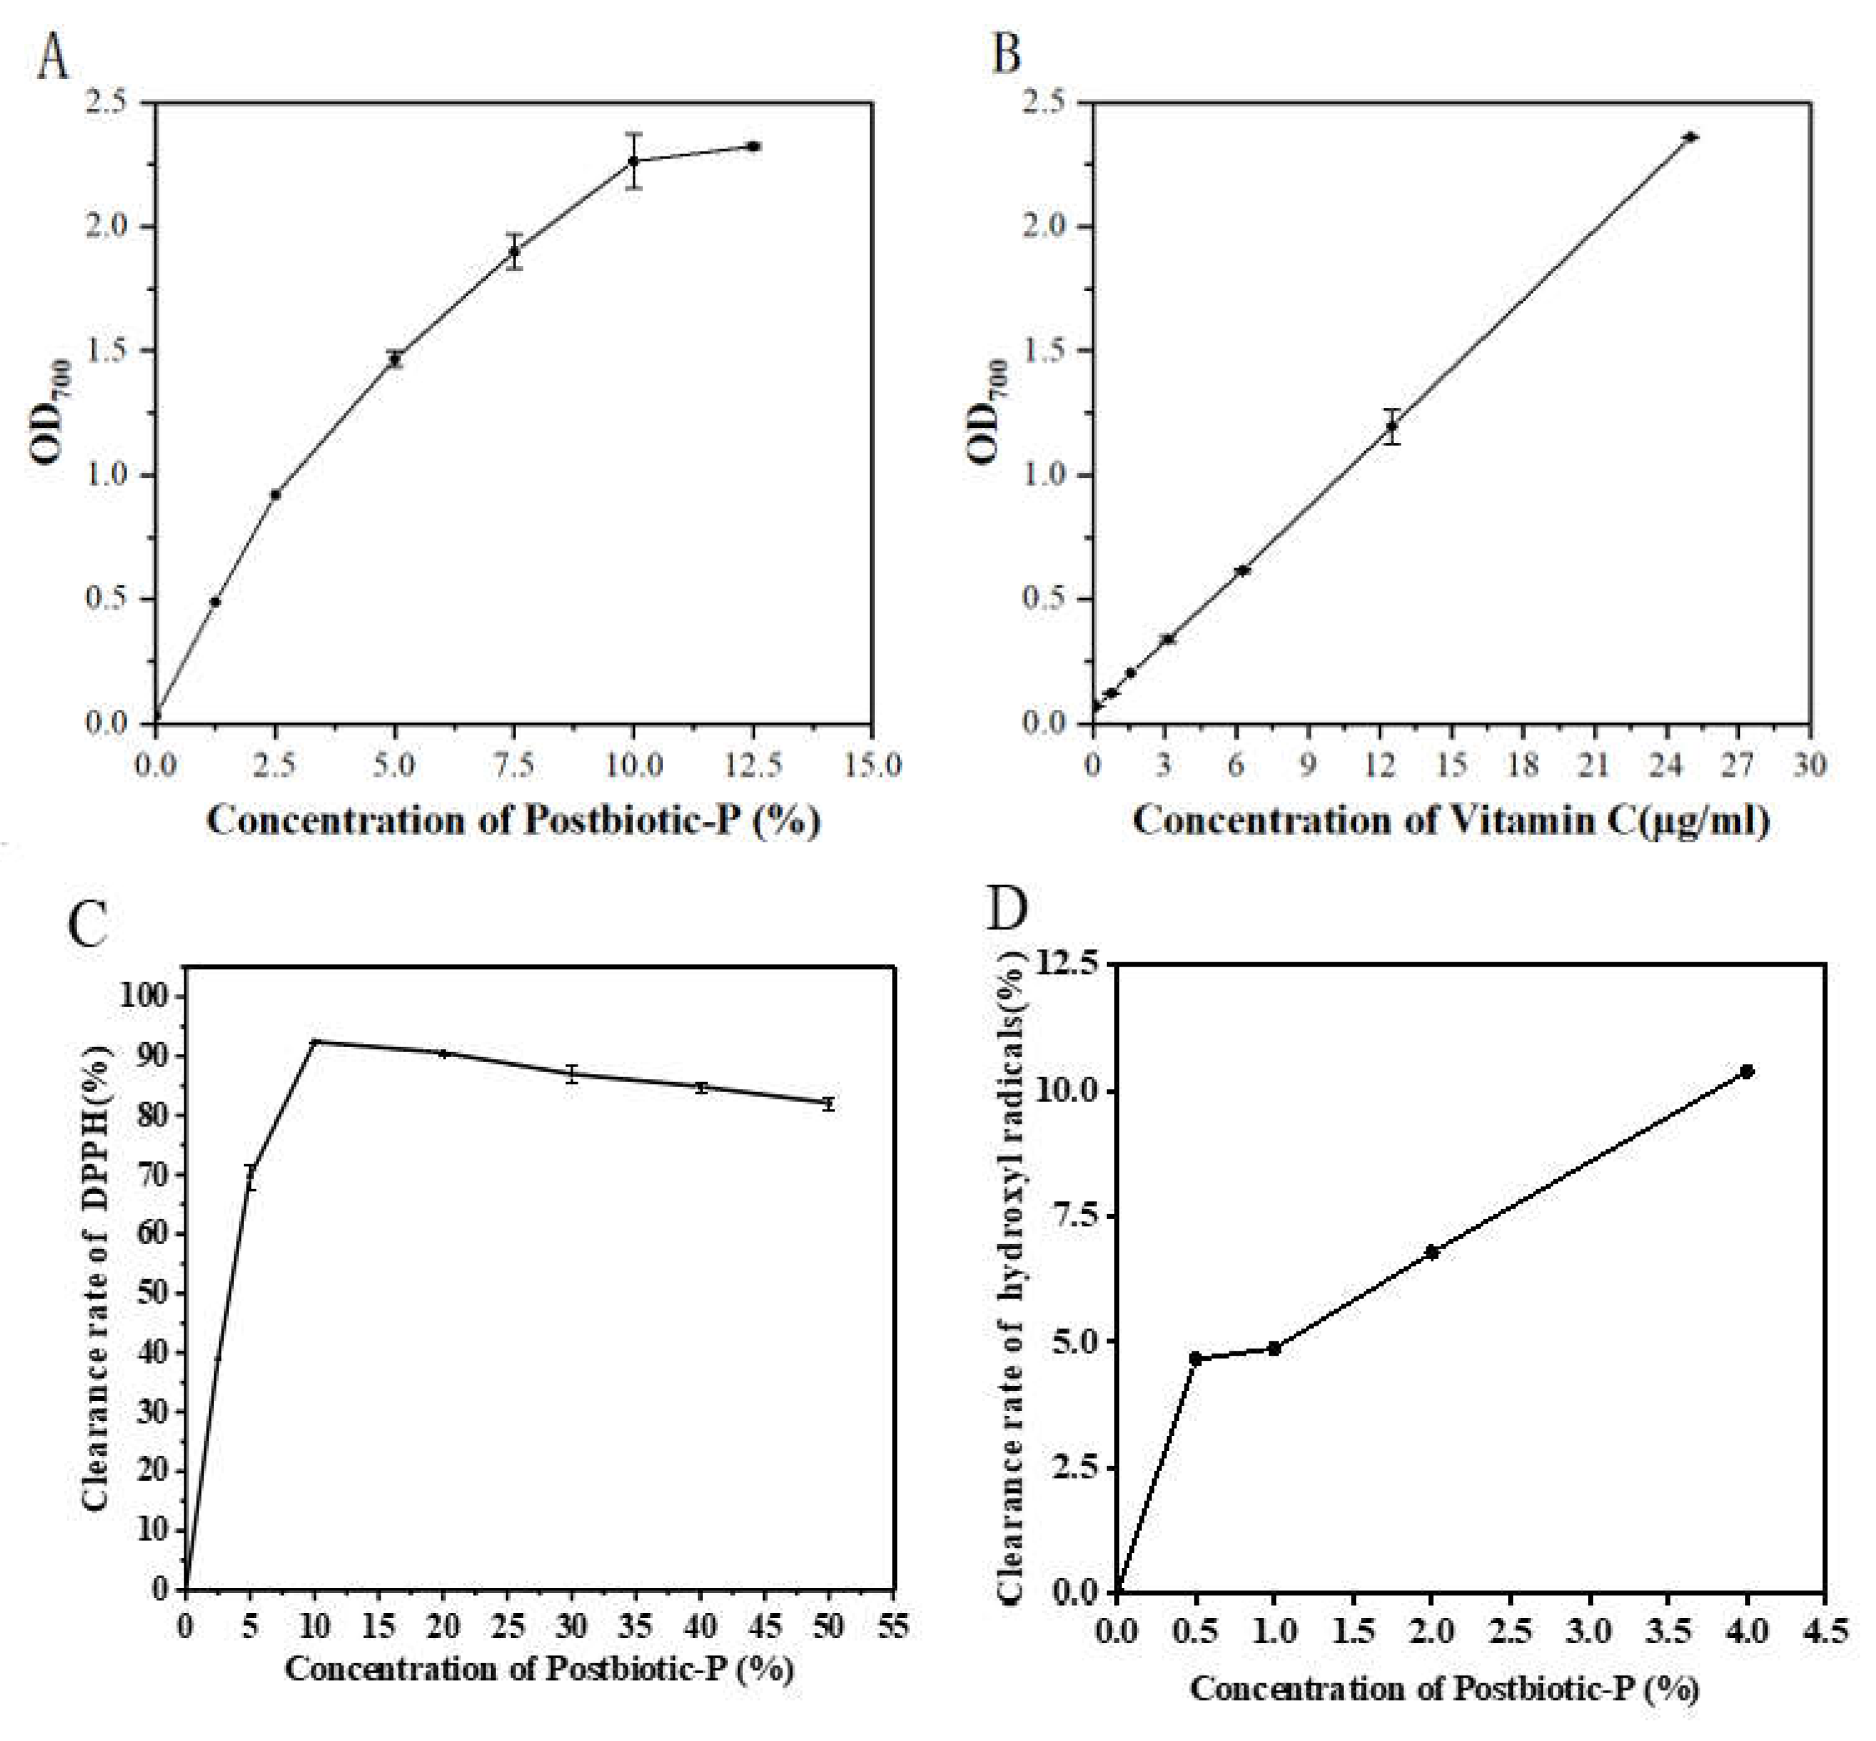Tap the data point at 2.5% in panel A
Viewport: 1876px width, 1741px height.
pos(275,494)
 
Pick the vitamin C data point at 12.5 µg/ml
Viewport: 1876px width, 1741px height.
pos(1392,426)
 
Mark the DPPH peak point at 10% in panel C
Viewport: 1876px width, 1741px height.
pos(316,1042)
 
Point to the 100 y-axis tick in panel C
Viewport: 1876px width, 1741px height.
pos(150,997)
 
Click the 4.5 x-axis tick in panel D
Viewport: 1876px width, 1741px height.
pos(1825,1630)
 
